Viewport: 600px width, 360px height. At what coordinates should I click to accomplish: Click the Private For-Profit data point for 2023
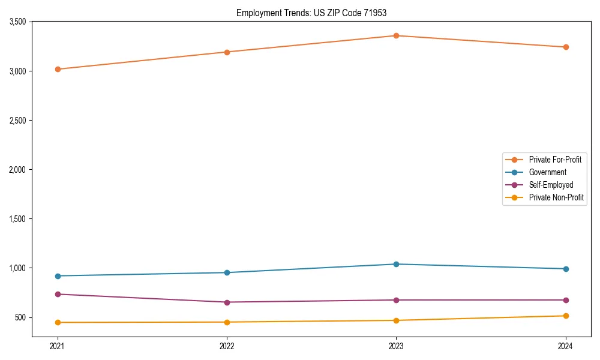(397, 35)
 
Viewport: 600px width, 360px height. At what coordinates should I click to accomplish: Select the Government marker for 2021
(58, 276)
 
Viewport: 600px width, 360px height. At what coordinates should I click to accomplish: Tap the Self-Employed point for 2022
(227, 302)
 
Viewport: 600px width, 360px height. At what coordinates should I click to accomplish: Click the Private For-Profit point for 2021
(58, 69)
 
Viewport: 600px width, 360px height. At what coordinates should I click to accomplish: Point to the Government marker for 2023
(397, 264)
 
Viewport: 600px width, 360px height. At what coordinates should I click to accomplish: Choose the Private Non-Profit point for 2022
(227, 322)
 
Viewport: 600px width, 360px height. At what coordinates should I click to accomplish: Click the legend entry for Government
(547, 172)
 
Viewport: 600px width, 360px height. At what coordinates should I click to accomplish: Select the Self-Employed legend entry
(551, 185)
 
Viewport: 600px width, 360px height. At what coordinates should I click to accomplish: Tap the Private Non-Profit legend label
(556, 197)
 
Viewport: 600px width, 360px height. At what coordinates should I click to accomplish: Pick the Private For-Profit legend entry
(555, 160)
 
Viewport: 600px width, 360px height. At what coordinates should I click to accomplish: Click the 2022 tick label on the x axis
(227, 346)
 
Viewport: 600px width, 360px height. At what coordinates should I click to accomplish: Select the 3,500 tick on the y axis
(17, 22)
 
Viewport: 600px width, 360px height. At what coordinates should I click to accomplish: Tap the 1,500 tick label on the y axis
(17, 219)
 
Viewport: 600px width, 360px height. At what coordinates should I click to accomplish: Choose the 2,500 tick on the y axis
(17, 121)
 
